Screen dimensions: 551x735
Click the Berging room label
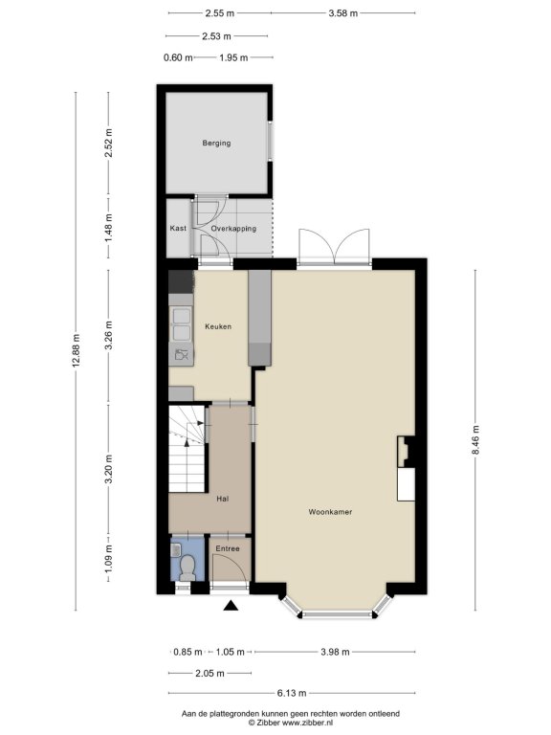point(216,143)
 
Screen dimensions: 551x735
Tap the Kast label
point(178,229)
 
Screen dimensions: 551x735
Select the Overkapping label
point(233,229)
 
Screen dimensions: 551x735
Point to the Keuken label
point(218,326)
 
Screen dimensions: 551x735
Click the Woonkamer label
point(330,512)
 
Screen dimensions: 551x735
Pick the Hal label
point(223,499)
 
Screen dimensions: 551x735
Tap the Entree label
point(228,548)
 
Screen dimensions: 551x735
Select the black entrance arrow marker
point(231,606)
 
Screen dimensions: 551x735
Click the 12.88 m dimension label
point(76,350)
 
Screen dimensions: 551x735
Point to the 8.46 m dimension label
point(475,439)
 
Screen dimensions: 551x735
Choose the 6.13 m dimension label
point(292,693)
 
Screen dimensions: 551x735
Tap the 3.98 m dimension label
point(335,652)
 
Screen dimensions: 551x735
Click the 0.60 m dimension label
point(178,57)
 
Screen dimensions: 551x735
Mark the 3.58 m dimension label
point(343,13)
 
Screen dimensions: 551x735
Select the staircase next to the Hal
point(187,449)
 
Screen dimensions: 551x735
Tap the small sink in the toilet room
point(176,549)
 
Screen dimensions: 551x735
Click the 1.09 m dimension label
point(108,558)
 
